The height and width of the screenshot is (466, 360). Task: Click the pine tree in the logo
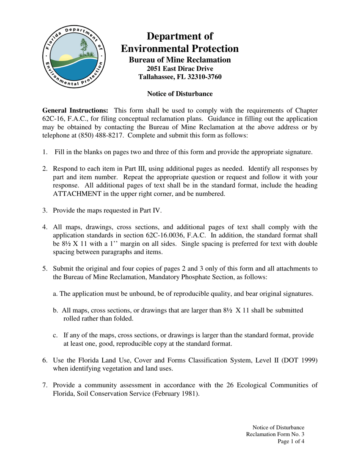(84, 48)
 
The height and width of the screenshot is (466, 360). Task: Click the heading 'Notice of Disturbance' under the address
(180, 94)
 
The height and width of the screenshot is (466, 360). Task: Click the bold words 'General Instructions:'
(75, 111)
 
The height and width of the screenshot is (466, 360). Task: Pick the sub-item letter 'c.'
(55, 335)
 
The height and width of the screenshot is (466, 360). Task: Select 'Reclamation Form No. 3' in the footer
(275, 434)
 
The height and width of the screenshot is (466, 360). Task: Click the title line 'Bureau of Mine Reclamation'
(180, 60)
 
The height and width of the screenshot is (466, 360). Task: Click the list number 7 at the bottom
(44, 385)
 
